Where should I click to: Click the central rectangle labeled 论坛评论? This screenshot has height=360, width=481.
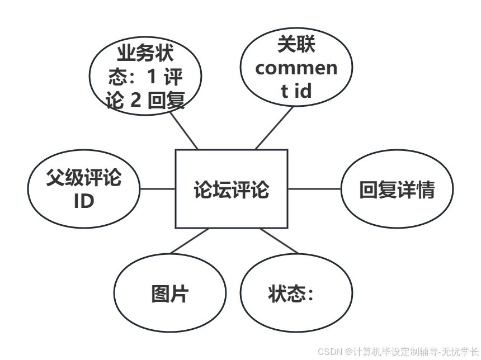tap(232, 189)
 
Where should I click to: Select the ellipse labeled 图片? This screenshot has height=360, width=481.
tap(170, 292)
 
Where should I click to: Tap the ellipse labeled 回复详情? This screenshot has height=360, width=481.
tap(397, 190)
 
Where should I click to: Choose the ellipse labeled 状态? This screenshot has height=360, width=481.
tap(296, 292)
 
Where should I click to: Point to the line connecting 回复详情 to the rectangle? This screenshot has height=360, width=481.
tap(314, 189)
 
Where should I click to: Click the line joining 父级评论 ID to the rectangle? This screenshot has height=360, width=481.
tap(158, 189)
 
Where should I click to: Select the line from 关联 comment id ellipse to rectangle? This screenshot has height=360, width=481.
tap(274, 128)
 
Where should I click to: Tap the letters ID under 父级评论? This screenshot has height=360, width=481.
tap(84, 201)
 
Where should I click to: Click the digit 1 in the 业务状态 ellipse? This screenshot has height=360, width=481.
tap(152, 77)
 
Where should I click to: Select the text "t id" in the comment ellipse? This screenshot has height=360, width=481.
tap(296, 90)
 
